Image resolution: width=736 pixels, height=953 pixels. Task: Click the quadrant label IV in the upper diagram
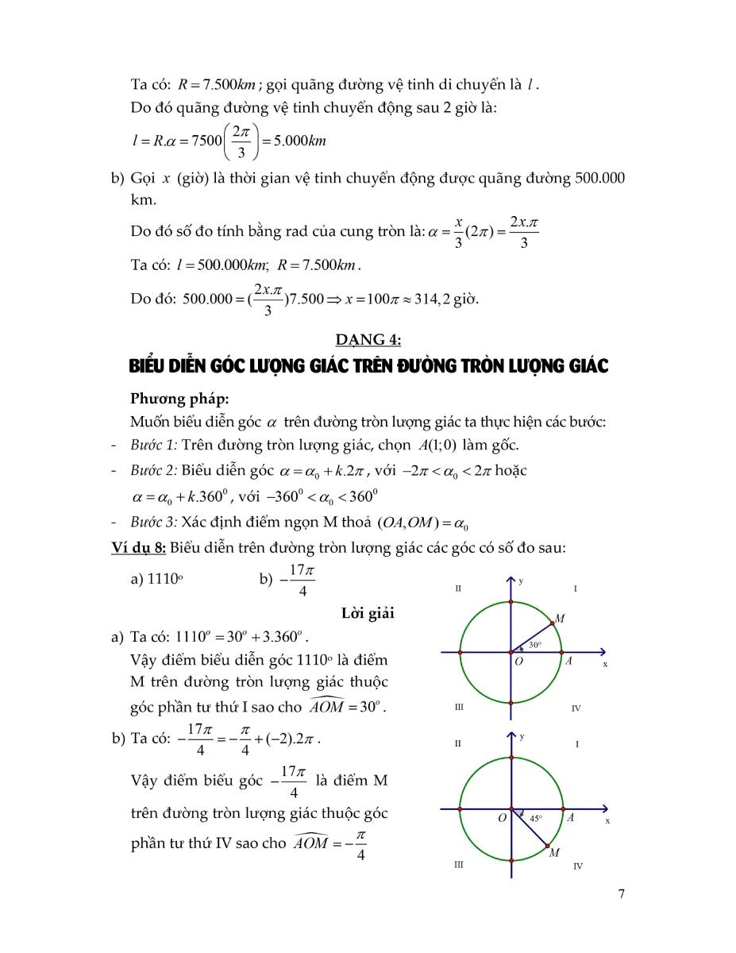[x=576, y=708]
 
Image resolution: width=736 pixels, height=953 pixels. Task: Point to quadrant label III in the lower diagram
[x=458, y=865]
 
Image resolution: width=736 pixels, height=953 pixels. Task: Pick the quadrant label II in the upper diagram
[x=458, y=588]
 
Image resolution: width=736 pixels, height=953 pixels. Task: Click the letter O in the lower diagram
[x=502, y=818]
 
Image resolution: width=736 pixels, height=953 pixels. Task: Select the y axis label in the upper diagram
[x=521, y=581]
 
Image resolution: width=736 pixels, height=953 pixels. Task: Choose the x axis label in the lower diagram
[x=607, y=820]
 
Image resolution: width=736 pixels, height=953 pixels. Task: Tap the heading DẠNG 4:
[x=368, y=340]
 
